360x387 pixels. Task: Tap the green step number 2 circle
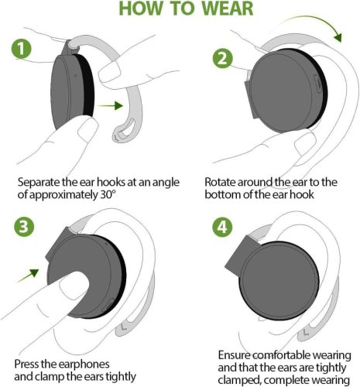pyautogui.click(x=221, y=58)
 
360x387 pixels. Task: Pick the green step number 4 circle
pyautogui.click(x=221, y=229)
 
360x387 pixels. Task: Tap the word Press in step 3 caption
pyautogui.click(x=30, y=363)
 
